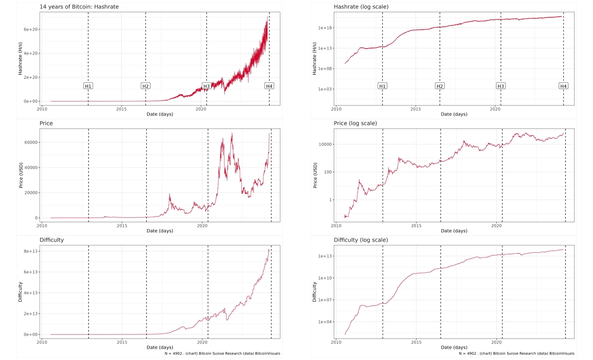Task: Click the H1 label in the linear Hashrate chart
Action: coord(88,86)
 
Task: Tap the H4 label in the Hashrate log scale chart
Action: coord(563,86)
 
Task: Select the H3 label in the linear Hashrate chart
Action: coord(206,86)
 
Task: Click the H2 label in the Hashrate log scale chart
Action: coord(440,86)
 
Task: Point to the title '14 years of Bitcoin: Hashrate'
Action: coord(79,7)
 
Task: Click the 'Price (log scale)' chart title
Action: coord(355,123)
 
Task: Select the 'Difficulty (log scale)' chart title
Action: coord(361,240)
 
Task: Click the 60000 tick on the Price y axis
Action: coord(31,143)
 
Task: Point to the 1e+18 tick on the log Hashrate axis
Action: coord(325,28)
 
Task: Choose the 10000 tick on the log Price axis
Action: coord(325,145)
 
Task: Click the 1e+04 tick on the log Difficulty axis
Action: coord(325,322)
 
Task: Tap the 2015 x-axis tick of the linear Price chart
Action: coord(122,226)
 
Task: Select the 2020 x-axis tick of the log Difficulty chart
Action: coord(496,342)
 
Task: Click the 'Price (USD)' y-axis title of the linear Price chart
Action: coord(21,175)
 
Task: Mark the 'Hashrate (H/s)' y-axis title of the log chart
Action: coord(315,58)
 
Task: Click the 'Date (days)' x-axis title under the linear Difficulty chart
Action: coord(160,347)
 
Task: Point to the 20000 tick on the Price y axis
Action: coord(31,193)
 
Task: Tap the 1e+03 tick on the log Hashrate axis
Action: coord(325,89)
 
